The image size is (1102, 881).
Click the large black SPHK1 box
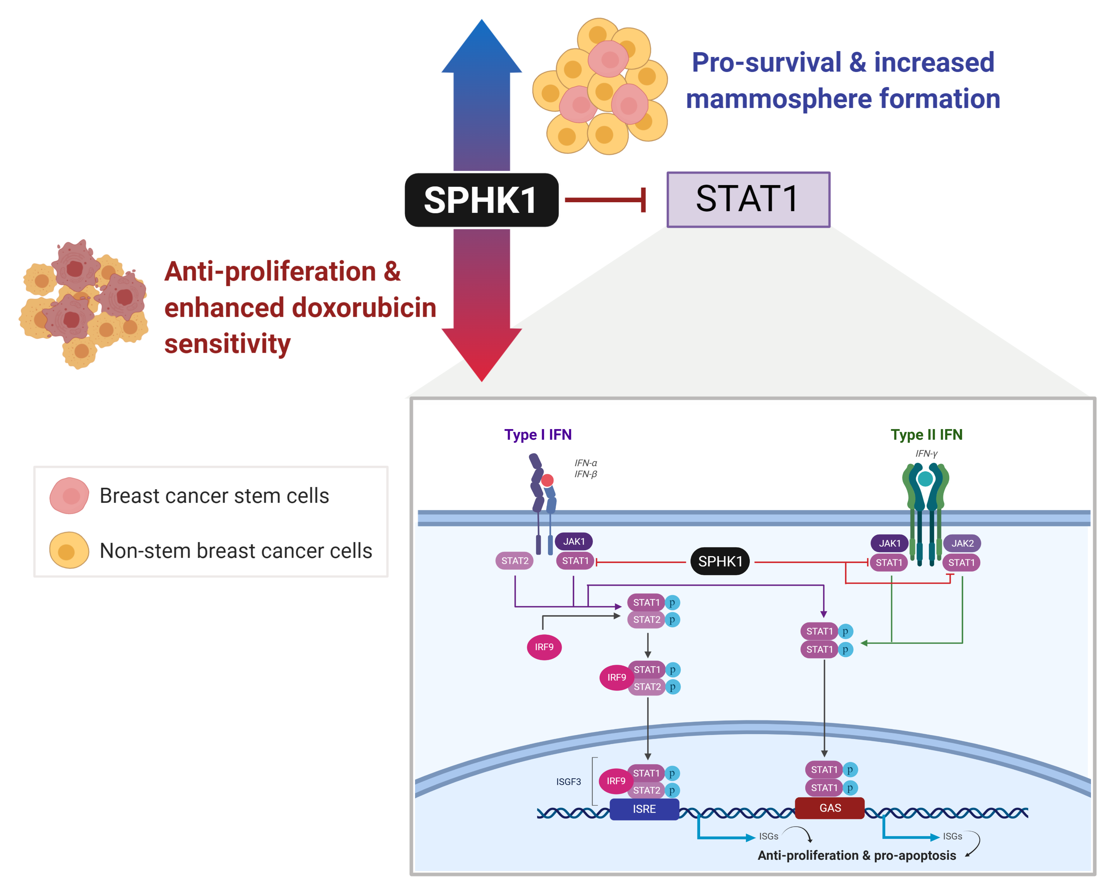coord(482,200)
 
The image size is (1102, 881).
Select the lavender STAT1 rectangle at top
coord(748,199)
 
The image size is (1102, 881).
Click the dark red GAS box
coord(829,808)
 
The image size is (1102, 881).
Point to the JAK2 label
coord(962,543)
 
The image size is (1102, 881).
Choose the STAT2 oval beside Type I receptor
coord(514,561)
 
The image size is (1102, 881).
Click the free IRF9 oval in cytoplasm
coord(544,647)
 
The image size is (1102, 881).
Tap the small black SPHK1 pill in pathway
coord(720,561)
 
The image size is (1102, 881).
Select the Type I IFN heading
coord(538,435)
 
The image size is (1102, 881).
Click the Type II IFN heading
coord(926,435)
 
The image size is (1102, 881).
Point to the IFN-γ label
coord(926,453)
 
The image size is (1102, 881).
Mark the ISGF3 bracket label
coord(568,782)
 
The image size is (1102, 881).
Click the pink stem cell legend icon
coord(69,496)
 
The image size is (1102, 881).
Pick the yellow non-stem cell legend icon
coord(69,551)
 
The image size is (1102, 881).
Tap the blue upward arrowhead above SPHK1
coord(482,46)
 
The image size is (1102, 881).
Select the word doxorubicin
coord(364,308)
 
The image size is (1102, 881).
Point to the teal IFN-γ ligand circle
coord(925,479)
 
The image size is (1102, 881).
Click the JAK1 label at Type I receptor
coord(574,541)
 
